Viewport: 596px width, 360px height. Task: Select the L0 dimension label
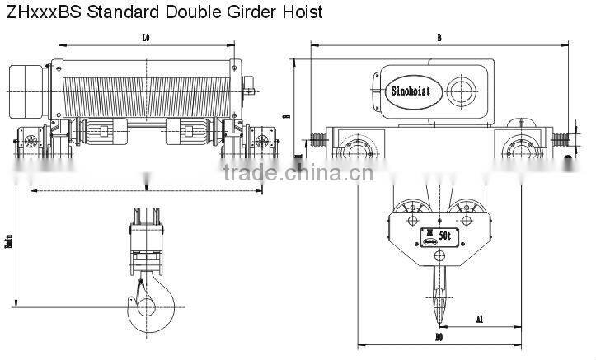145,36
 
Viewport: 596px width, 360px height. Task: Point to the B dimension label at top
439,37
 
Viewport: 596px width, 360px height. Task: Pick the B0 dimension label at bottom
439,338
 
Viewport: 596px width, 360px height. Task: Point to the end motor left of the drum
28,82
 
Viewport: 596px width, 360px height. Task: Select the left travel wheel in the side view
357,151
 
